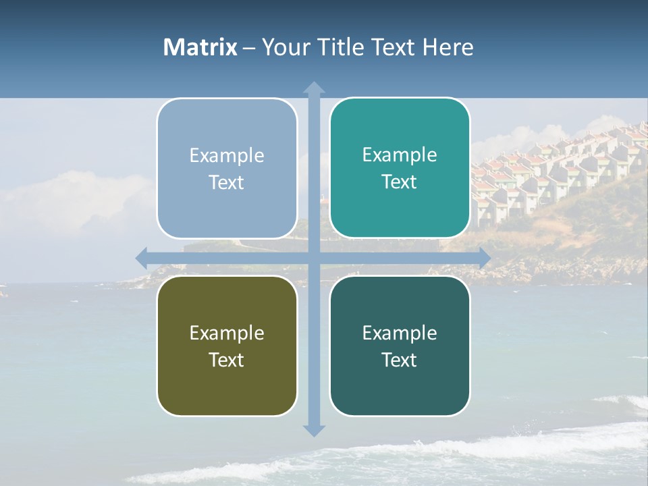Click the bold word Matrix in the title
(200, 47)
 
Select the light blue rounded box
(227, 169)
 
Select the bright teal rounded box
(400, 168)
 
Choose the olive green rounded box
(227, 346)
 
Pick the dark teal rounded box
(400, 346)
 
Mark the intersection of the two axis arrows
(314, 258)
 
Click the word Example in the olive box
(227, 333)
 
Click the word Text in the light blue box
(227, 182)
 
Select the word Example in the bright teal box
(400, 155)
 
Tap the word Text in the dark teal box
(400, 360)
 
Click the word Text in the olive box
(227, 360)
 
